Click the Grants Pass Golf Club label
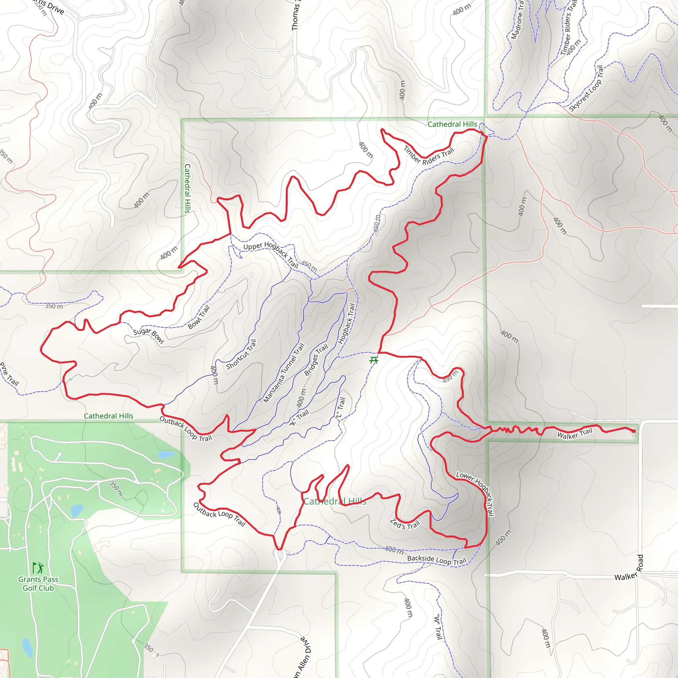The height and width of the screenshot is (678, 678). click(38, 584)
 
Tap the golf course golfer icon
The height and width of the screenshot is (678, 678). click(38, 567)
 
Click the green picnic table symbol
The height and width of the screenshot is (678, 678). click(374, 360)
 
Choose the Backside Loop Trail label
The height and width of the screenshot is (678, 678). click(437, 560)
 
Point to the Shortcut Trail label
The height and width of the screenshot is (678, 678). click(241, 354)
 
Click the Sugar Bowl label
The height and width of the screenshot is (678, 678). click(149, 336)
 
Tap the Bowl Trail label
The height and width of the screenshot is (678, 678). click(199, 317)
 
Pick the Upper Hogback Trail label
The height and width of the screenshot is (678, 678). click(271, 254)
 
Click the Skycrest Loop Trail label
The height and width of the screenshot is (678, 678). click(586, 88)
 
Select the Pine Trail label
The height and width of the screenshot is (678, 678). click(10, 374)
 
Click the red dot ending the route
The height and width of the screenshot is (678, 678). click(633, 431)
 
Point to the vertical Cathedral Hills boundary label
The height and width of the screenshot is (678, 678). click(187, 188)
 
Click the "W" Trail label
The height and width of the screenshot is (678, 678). click(438, 627)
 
